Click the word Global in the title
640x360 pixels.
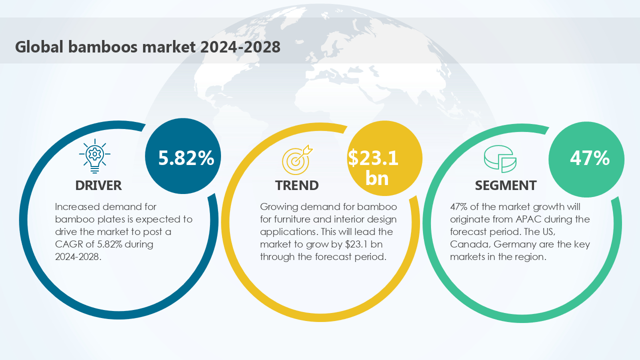click(38, 46)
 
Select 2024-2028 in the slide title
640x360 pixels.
click(240, 46)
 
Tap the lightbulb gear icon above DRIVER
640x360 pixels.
click(95, 156)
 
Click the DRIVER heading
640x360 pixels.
click(98, 185)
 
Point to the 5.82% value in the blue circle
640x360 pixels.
click(186, 157)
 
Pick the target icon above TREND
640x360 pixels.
click(297, 158)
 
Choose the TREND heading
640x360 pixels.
click(297, 185)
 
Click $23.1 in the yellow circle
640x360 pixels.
click(373, 158)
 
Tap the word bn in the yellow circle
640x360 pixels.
click(377, 178)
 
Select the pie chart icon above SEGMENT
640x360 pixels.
click(499, 159)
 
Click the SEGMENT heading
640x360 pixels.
click(505, 185)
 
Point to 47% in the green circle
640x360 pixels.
click(589, 158)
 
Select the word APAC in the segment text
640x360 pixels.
click(536, 219)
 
